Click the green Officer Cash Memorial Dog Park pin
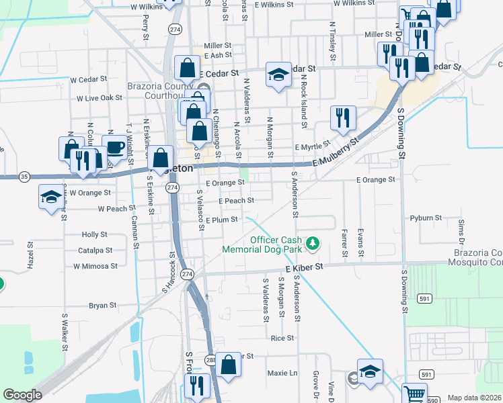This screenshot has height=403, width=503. pos(312,243)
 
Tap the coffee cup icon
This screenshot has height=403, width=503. pos(114,148)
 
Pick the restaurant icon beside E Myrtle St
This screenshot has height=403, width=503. pos(343,118)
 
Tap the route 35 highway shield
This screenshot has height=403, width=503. pos(24,177)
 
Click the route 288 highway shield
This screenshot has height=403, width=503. pos(210,359)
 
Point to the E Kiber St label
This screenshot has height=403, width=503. pos(305,267)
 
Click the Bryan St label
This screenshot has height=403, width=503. pos(102,305)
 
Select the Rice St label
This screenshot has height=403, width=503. pos(282,338)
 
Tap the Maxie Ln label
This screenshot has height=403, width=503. pos(282,373)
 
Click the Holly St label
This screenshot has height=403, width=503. pos(94,234)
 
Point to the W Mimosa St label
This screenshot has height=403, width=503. pos(95,266)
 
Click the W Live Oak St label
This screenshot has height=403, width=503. pos(99,97)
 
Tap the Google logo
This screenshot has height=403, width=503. pos(22,395)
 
